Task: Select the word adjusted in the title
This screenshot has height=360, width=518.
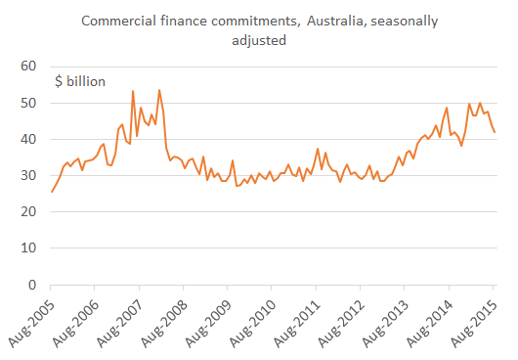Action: (258, 41)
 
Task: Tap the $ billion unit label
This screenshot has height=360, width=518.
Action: (80, 81)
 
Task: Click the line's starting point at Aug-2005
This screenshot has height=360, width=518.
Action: (51, 192)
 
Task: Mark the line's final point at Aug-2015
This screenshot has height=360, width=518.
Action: (495, 132)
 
